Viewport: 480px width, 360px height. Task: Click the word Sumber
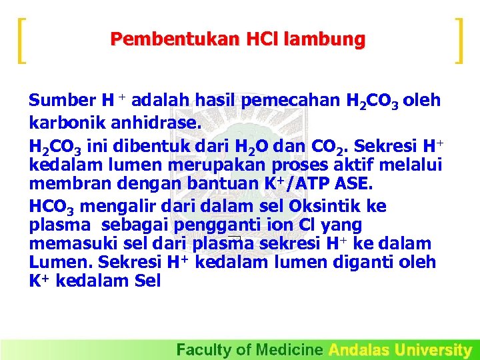[61, 101]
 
